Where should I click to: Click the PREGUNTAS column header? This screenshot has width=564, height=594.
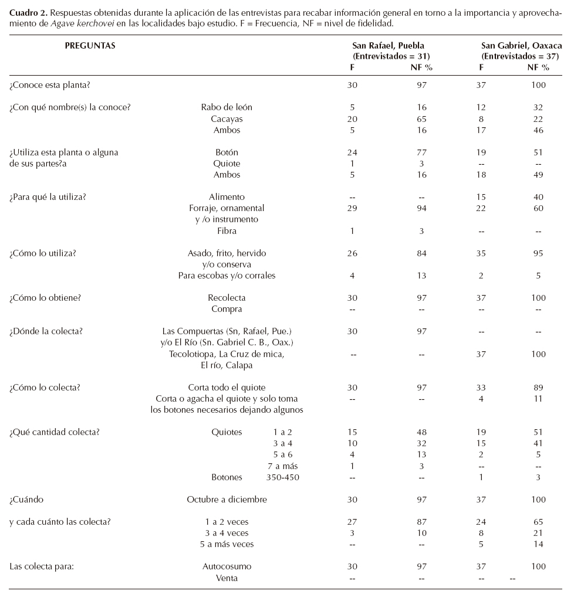pos(90,45)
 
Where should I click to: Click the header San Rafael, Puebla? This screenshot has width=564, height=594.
pos(388,45)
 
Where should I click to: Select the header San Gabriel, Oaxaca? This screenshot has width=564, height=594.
pos(519,45)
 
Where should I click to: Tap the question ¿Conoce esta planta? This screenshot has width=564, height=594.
pos(50,85)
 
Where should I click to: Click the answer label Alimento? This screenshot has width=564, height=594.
pos(227,197)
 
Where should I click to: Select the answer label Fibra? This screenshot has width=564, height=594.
pos(227,231)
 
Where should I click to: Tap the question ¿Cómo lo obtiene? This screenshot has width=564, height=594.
pos(45,298)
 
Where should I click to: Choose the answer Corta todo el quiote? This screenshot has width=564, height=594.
pos(227,388)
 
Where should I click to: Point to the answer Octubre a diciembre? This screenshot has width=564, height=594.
pos(227,500)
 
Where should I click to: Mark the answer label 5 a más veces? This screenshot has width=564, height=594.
pos(227,544)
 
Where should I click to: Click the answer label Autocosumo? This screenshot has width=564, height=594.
pos(227,566)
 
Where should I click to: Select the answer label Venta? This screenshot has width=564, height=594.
pos(227,578)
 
